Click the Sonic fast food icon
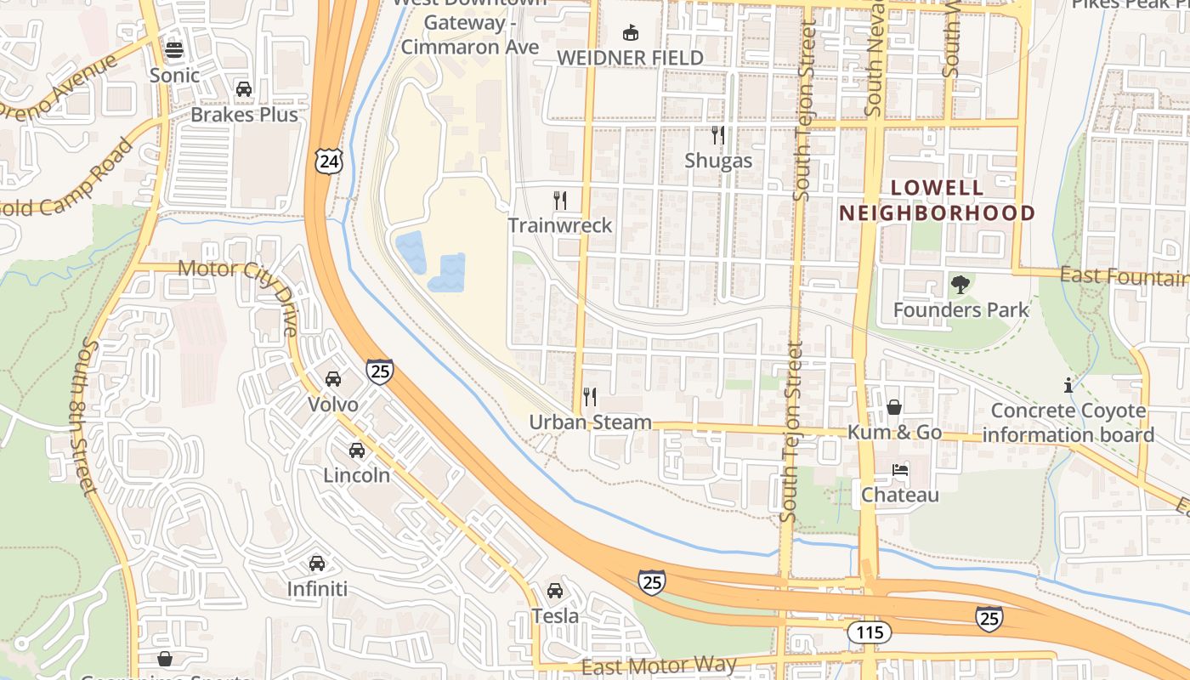point(174,50)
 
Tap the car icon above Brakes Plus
point(244,89)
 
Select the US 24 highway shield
point(328,160)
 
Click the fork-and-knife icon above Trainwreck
point(560,201)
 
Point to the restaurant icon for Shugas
point(718,135)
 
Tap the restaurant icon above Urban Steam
point(590,397)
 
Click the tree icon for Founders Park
point(960,285)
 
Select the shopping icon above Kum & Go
point(894,408)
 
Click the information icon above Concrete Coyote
point(1068,386)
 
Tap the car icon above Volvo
point(333,379)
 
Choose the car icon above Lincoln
point(357,450)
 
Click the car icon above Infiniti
point(317,564)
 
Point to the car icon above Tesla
point(555,591)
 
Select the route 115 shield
point(869,632)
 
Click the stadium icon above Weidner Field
point(630,33)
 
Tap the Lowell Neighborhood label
point(938,201)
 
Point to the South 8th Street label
point(87,416)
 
